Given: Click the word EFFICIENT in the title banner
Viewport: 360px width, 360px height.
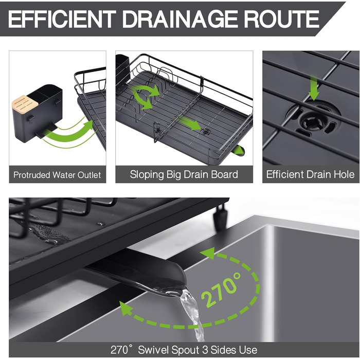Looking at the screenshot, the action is coord(62,19).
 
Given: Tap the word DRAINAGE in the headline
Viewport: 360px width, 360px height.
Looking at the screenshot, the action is coord(180,19).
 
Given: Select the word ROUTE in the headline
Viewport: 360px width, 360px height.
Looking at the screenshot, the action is coord(281,19).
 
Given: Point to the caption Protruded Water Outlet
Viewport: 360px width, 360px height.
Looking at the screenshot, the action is coord(57,175).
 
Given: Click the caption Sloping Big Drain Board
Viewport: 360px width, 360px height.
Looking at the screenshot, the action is coord(184,174).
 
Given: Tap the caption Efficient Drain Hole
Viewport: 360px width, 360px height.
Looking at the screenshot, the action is coord(311,174).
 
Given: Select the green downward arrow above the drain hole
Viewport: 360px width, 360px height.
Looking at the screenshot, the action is coord(314,88).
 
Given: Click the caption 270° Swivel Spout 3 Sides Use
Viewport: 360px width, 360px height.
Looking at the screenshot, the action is coord(184,350).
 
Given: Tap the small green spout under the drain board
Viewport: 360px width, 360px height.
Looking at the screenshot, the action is coord(238,151).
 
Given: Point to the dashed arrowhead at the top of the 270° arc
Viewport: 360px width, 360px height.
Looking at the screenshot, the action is coord(208,254).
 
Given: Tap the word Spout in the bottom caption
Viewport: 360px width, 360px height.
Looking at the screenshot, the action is coord(185,350).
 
